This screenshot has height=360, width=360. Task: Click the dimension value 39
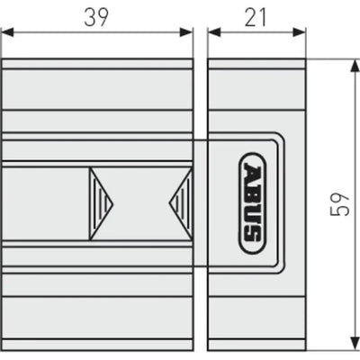tap(96, 17)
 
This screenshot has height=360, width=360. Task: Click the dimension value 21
tap(256, 17)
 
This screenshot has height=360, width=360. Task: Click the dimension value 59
tap(340, 203)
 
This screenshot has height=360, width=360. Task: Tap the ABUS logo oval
tap(252, 203)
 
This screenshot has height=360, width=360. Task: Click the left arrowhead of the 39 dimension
tap(8, 32)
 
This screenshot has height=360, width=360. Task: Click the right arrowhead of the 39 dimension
tap(185, 32)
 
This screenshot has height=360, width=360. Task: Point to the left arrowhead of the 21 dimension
tap(214, 32)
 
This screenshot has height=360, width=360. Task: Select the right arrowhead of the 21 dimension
tap(299, 32)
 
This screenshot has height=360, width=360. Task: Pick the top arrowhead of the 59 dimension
tap(355, 66)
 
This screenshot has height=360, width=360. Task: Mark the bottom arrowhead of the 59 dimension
tap(355, 343)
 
